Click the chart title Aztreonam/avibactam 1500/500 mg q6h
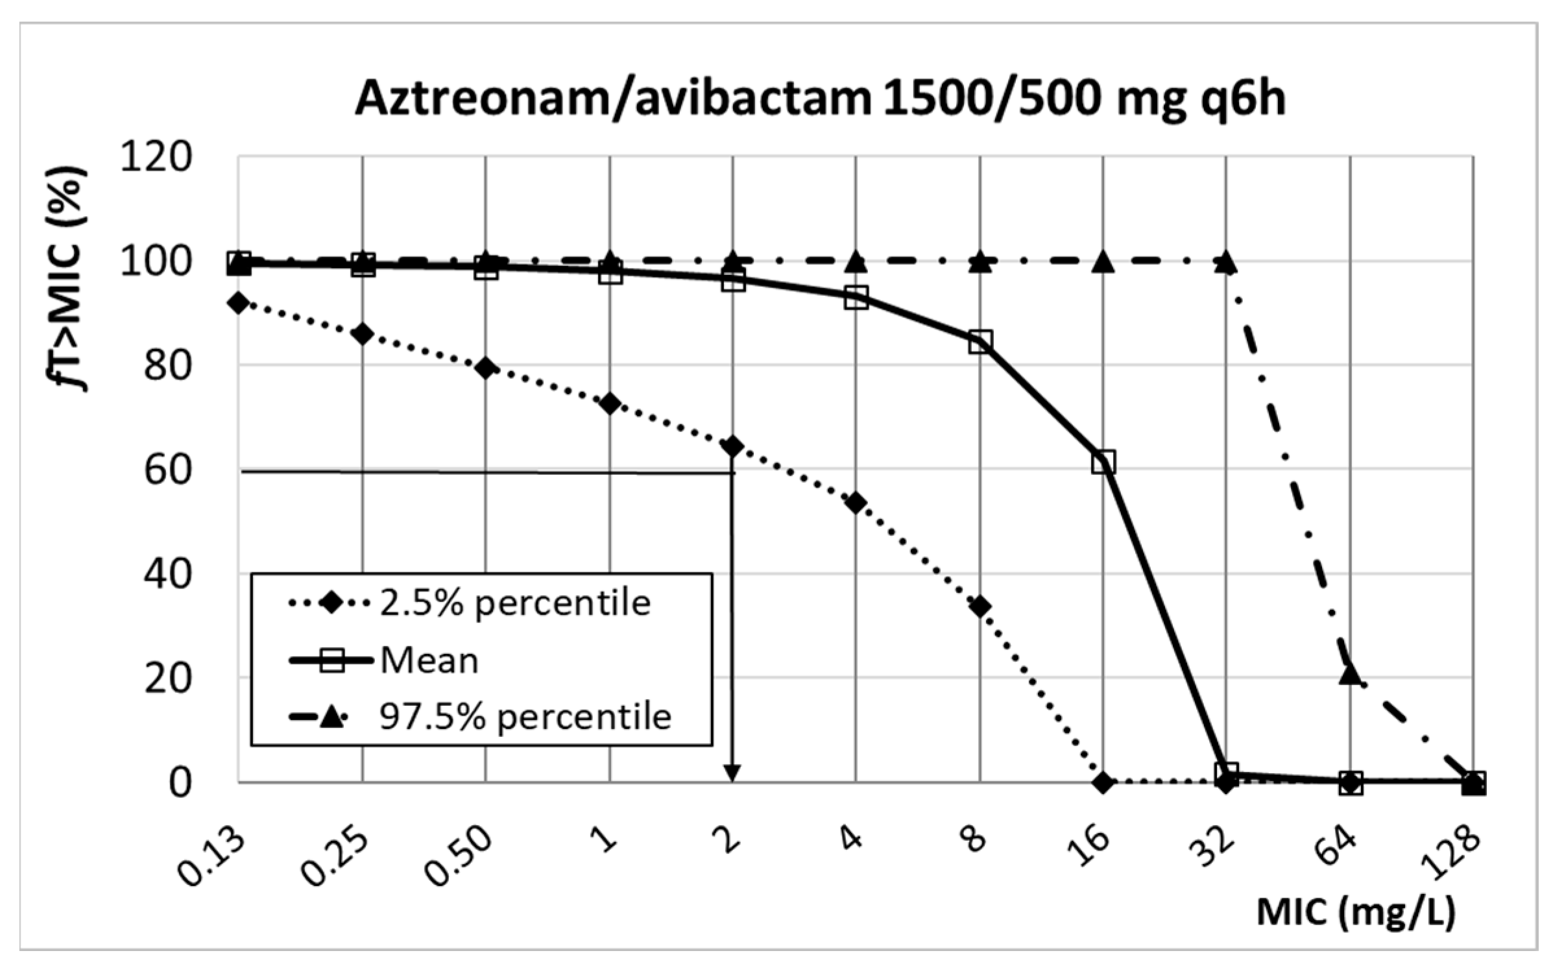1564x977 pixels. tap(820, 99)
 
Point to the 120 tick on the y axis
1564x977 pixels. tap(156, 158)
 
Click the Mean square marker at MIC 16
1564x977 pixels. tap(1103, 462)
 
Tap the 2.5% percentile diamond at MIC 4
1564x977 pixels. tap(856, 503)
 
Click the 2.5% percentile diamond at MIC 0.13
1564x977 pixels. tap(239, 303)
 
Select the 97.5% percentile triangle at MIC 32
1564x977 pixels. tap(1226, 263)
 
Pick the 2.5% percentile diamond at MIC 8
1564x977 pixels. tap(980, 607)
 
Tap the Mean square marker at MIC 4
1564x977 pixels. tap(856, 298)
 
